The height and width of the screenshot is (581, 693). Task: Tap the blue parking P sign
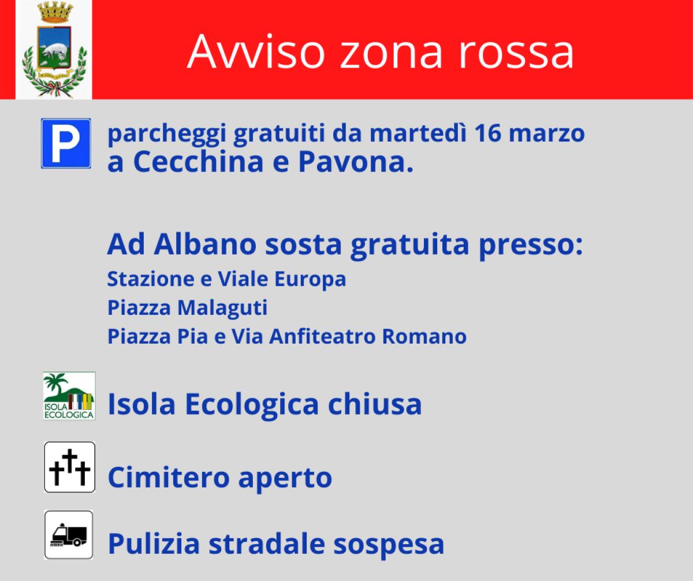click(x=66, y=143)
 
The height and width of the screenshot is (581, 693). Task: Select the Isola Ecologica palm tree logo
click(x=69, y=396)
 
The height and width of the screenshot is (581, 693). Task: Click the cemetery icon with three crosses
click(x=69, y=467)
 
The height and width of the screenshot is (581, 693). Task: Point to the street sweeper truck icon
click(x=69, y=535)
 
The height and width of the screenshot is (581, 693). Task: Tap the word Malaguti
click(x=222, y=308)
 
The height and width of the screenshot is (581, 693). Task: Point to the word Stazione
click(x=147, y=279)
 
